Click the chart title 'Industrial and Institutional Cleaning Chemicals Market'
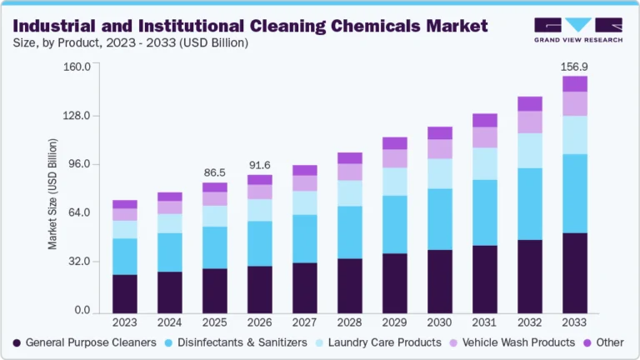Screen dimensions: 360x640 tap(251, 25)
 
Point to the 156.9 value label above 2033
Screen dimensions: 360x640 tap(574, 67)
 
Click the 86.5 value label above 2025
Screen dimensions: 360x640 tap(214, 173)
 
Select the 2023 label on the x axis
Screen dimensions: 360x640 tap(124, 322)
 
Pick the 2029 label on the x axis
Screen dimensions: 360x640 tap(394, 322)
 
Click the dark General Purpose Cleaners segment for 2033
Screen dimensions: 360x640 tap(574, 272)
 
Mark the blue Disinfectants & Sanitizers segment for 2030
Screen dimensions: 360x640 tap(439, 219)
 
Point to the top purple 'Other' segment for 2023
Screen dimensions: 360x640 tap(124, 204)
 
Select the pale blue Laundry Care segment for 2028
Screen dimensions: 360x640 tap(349, 193)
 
